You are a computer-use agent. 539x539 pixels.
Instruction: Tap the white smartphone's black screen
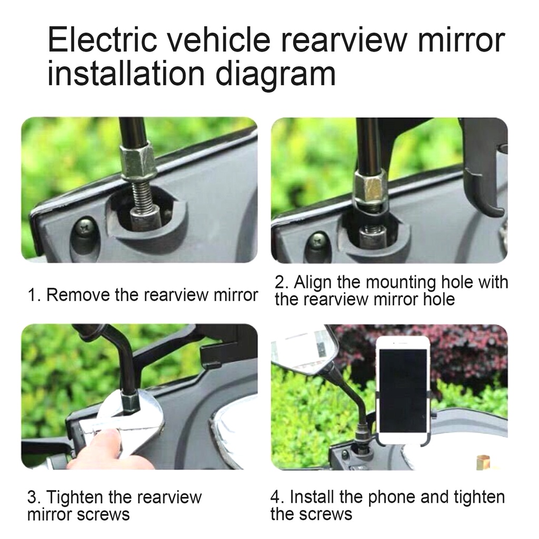[x=403, y=390]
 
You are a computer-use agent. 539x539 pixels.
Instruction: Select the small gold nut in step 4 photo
[x=483, y=462]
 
